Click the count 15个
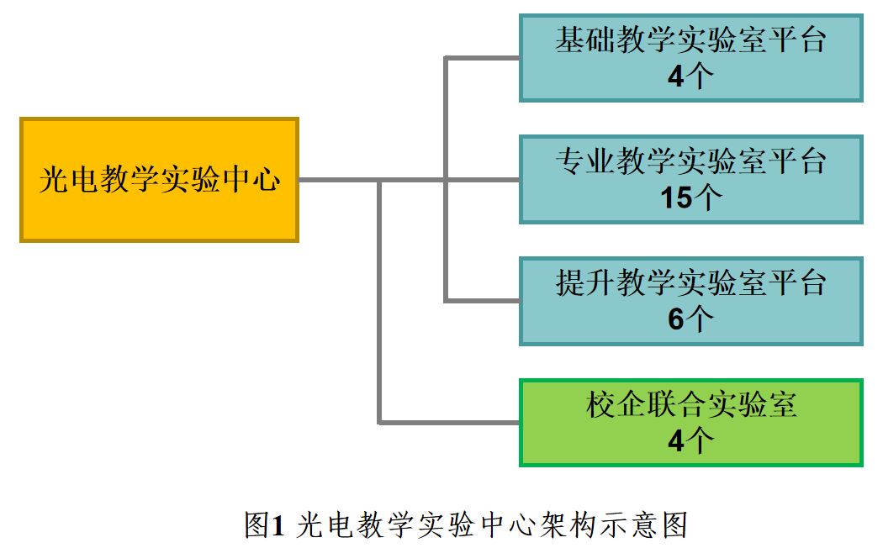(690, 198)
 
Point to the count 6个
(690, 319)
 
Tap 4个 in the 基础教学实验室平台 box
(690, 77)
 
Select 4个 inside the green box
(690, 441)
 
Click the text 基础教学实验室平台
(690, 40)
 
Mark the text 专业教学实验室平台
(690, 161)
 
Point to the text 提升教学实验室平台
(690, 282)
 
